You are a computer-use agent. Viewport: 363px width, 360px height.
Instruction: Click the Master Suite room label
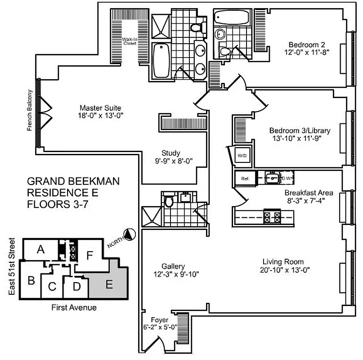pos(101,108)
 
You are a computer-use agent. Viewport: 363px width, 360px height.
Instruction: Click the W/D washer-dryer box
pos(242,156)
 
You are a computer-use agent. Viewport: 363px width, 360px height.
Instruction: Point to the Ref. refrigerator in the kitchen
pos(245,178)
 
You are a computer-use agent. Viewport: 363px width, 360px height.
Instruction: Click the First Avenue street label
pos(73,308)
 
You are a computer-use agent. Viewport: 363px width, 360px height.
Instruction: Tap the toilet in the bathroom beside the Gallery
pos(169,201)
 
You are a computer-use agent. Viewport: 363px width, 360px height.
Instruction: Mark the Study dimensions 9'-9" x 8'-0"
pos(170,160)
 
